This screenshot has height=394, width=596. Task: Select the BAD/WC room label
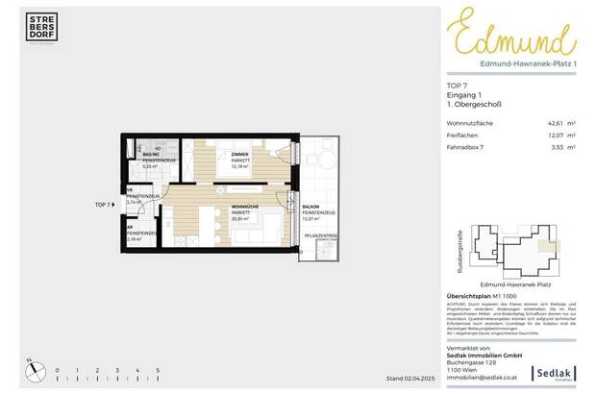[x=149, y=154]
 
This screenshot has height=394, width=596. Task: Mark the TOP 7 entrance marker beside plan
[x=103, y=206]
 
